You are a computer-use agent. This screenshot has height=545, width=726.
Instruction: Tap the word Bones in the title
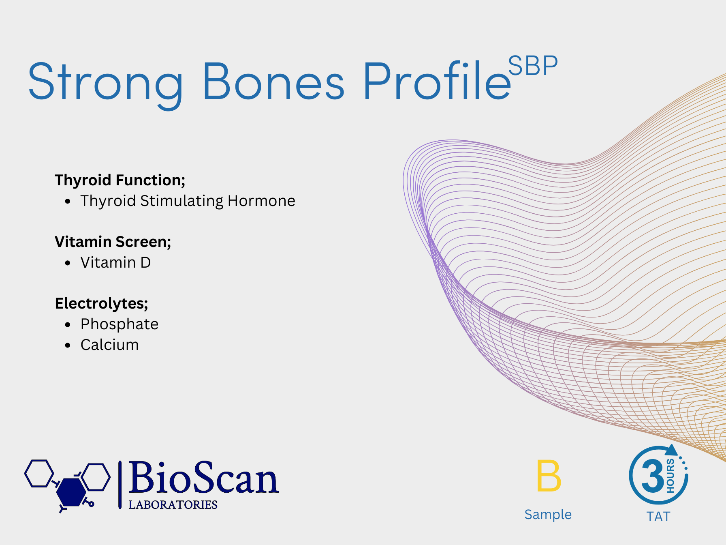tap(274, 81)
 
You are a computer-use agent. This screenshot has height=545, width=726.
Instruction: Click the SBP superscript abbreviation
tap(533, 66)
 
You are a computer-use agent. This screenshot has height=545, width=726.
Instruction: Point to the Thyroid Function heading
tap(120, 180)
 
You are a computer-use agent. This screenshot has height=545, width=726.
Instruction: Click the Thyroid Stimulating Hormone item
tap(188, 201)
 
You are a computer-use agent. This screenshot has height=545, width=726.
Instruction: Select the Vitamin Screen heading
tap(113, 242)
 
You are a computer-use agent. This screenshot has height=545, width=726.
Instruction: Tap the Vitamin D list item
tap(115, 262)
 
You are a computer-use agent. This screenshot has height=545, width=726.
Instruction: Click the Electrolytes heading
tap(102, 303)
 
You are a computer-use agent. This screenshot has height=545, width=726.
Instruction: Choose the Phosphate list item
tap(120, 324)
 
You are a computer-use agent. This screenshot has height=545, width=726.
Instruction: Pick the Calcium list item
tap(109, 345)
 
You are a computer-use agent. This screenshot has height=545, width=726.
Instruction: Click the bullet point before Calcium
tap(68, 345)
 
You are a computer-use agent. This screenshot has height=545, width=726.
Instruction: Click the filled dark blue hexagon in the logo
tap(71, 491)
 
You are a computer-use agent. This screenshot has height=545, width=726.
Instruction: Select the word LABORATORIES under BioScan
tap(173, 505)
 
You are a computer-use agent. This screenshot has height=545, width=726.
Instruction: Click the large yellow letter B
tap(549, 476)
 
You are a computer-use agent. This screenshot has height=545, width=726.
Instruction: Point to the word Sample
tap(548, 514)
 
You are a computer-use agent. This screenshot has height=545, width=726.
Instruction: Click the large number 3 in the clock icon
tap(653, 476)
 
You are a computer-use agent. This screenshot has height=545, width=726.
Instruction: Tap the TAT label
tap(659, 517)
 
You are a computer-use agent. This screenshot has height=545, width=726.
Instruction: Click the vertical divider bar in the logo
tap(120, 485)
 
